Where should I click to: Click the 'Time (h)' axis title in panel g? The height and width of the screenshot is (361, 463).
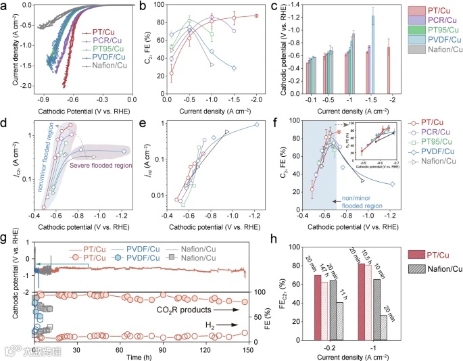click(x=141, y=356)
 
